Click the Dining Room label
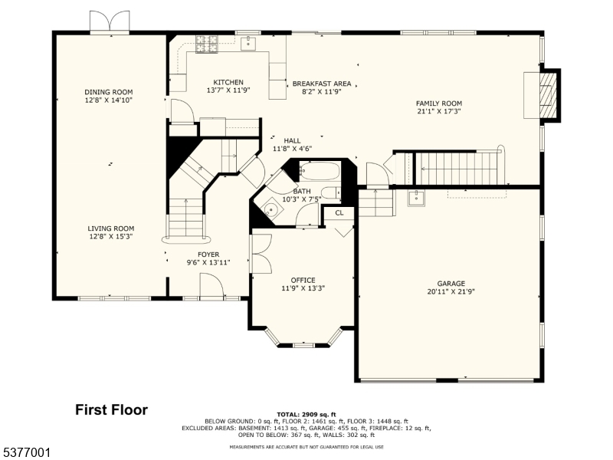[x=108, y=92]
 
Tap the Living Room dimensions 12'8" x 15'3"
[x=110, y=236]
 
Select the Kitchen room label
[x=228, y=82]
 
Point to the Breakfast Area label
[x=321, y=83]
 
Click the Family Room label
[x=438, y=103]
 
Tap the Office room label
[x=303, y=280]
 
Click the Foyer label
[x=208, y=254]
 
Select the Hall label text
[x=292, y=140]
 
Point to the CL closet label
[x=339, y=212]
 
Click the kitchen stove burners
[x=206, y=44]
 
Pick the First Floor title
[x=111, y=410]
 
